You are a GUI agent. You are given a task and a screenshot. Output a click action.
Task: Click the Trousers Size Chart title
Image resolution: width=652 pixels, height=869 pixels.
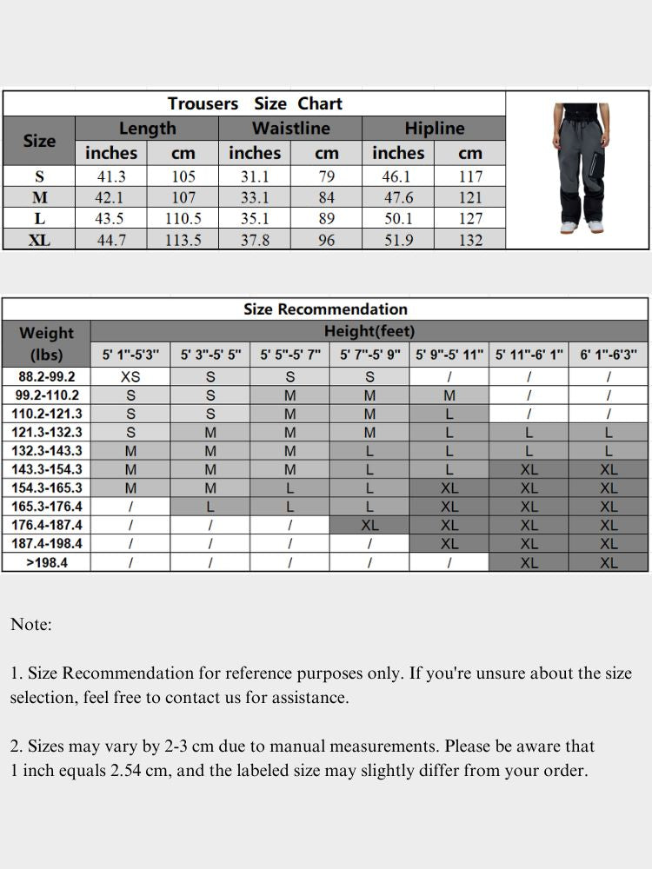[x=255, y=103]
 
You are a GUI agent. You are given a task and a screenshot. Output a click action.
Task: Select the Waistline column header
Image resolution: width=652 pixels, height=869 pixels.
[x=290, y=129]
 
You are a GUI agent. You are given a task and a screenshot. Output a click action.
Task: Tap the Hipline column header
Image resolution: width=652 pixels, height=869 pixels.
[x=434, y=129]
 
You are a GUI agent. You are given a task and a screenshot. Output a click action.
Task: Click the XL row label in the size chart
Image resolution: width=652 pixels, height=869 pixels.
[x=39, y=241]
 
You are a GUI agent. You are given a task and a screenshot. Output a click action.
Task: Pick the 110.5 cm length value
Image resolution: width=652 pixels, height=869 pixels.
[x=183, y=219]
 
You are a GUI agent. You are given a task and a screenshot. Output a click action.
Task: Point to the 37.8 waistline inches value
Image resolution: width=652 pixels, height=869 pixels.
[x=255, y=241]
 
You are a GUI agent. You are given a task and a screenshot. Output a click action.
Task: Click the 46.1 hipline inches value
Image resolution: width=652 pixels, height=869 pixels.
[x=398, y=176]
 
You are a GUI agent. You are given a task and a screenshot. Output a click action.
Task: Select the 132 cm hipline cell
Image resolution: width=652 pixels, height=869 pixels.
[x=469, y=241]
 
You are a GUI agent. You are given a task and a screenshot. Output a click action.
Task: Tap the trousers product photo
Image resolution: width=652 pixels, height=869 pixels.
[x=577, y=169]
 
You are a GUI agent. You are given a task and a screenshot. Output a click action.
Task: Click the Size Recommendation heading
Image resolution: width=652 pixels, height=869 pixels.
[x=325, y=309]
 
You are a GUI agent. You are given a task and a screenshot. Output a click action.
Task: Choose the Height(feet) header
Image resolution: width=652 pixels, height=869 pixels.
[x=369, y=331]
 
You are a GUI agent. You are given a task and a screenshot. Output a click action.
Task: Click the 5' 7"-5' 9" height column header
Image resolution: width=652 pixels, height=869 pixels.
[x=370, y=355]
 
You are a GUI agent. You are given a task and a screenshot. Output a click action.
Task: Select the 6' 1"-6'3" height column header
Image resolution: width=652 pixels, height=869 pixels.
[x=609, y=355]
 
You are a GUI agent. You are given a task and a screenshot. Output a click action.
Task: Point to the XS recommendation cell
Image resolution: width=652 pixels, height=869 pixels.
[x=130, y=377]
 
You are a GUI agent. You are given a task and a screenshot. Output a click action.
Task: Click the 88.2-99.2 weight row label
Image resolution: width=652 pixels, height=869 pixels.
[x=47, y=377]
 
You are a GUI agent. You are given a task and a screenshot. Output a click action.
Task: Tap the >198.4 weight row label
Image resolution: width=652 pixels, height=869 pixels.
[x=47, y=562]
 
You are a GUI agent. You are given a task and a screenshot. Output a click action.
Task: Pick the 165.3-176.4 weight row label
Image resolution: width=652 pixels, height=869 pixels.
[x=47, y=507]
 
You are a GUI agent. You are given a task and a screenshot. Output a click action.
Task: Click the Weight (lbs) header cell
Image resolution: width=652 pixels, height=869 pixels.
[x=47, y=343]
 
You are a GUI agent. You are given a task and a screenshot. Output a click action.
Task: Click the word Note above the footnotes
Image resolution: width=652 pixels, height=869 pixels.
[x=31, y=625]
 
